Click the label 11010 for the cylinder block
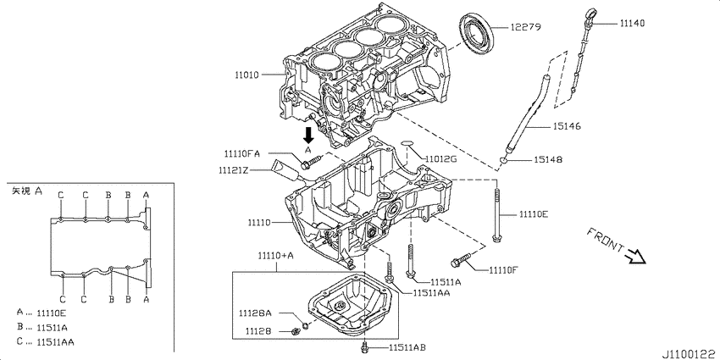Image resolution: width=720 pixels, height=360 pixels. [252, 75]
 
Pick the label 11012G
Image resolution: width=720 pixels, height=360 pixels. [441, 158]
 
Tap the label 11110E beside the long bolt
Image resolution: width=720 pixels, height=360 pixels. [533, 214]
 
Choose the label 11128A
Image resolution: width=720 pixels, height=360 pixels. [255, 313]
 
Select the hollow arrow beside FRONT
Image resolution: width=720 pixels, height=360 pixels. [634, 253]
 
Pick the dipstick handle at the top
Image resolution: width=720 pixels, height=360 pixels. [590, 16]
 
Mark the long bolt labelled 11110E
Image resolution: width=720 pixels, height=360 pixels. [496, 215]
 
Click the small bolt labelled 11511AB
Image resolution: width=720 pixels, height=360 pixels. [365, 346]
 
